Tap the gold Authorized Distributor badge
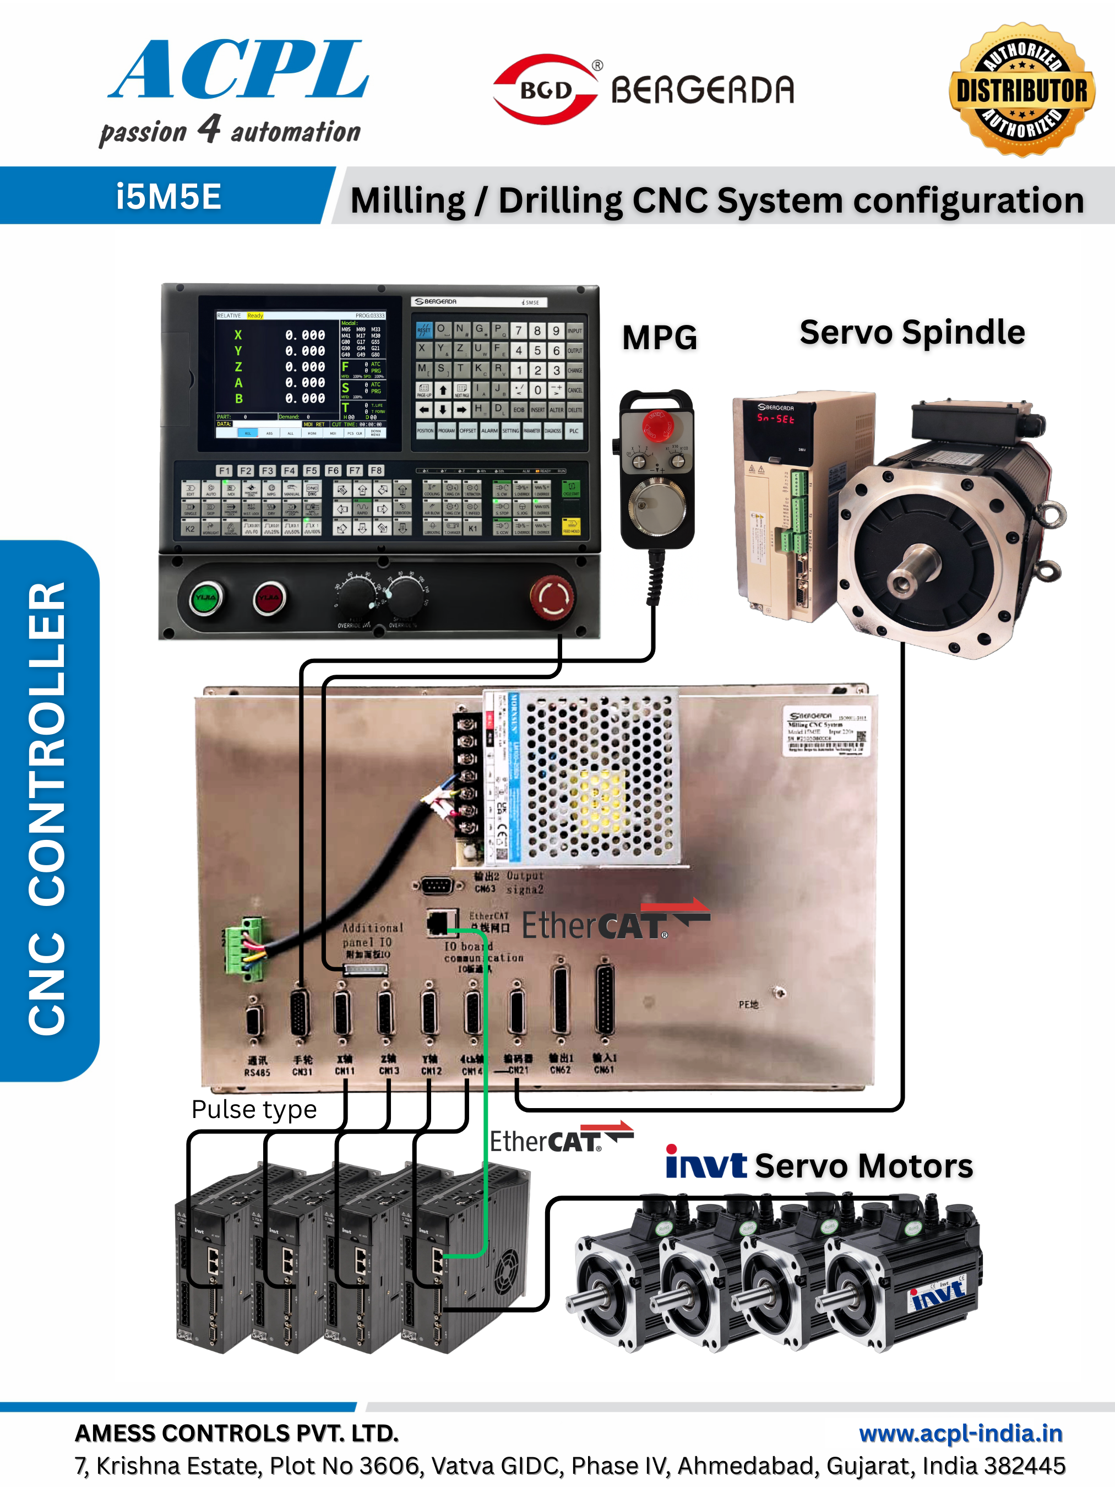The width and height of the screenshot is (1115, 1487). pyautogui.click(x=1021, y=90)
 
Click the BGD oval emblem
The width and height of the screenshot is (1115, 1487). pyautogui.click(x=545, y=89)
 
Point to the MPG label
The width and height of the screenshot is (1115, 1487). pyautogui.click(x=659, y=338)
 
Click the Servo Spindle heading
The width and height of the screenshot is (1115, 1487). pyautogui.click(x=912, y=332)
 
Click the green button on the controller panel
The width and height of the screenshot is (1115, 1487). pyautogui.click(x=206, y=597)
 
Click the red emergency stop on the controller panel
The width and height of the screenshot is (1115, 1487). pyautogui.click(x=552, y=595)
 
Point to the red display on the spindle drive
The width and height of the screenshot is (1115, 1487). pyautogui.click(x=776, y=419)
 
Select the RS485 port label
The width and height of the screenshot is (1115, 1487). pyautogui.click(x=257, y=1072)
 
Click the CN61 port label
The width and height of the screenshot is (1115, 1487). pyautogui.click(x=604, y=1069)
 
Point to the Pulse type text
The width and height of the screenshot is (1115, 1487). pyautogui.click(x=254, y=1109)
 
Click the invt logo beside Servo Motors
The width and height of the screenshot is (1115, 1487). pyautogui.click(x=706, y=1163)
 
